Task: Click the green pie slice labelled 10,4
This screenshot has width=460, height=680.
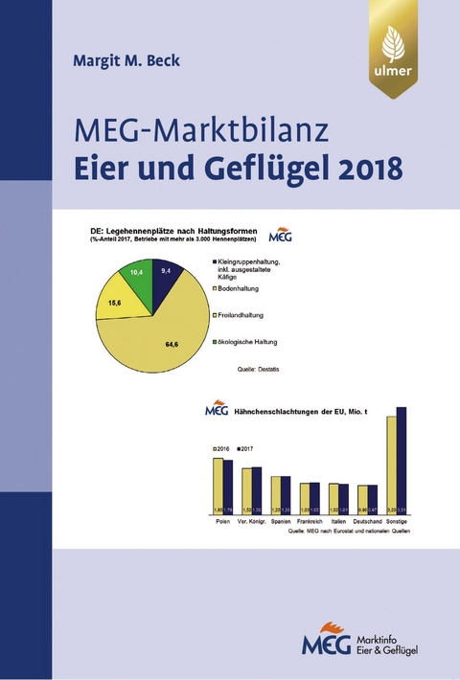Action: [x=139, y=275]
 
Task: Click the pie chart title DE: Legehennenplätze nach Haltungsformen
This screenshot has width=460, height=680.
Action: [x=176, y=231]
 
